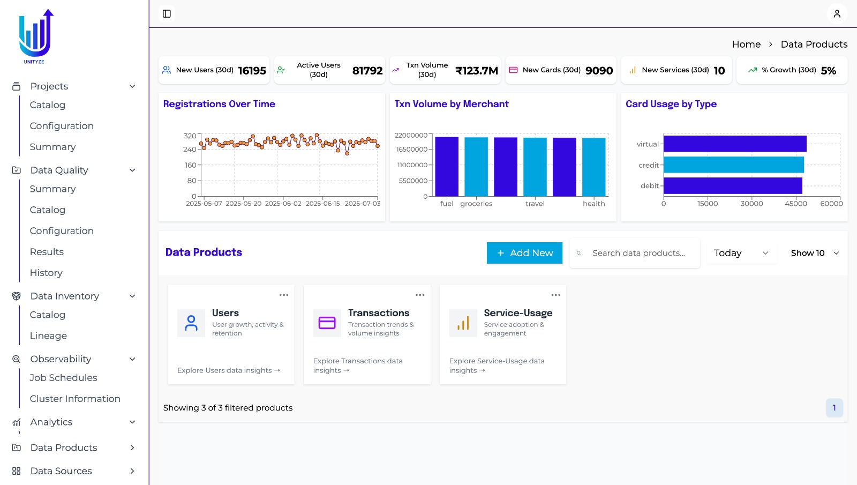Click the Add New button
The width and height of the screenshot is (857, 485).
pyautogui.click(x=524, y=253)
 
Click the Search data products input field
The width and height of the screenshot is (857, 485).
pyautogui.click(x=638, y=253)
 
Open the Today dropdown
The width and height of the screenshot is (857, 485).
pyautogui.click(x=741, y=253)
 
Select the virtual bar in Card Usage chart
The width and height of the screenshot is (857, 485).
pyautogui.click(x=734, y=144)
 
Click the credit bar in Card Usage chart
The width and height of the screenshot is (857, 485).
pyautogui.click(x=733, y=165)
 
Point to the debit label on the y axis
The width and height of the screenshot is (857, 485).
pyautogui.click(x=649, y=186)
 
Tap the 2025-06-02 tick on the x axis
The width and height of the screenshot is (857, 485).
pyautogui.click(x=283, y=204)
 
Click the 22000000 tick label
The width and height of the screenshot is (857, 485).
pyautogui.click(x=411, y=135)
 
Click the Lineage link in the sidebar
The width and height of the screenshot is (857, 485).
pyautogui.click(x=48, y=336)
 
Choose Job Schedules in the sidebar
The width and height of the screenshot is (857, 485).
pyautogui.click(x=63, y=378)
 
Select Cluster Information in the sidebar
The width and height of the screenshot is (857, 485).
pyautogui.click(x=75, y=399)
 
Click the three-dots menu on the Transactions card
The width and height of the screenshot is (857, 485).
pyautogui.click(x=420, y=295)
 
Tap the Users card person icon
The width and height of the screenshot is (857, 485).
pyautogui.click(x=191, y=323)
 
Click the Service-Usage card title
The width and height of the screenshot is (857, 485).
pyautogui.click(x=518, y=313)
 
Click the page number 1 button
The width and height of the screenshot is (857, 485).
pyautogui.click(x=834, y=408)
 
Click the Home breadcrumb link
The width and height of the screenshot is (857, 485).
pyautogui.click(x=746, y=44)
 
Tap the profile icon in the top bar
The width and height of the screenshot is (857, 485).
pyautogui.click(x=837, y=14)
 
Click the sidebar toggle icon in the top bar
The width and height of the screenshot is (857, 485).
pyautogui.click(x=167, y=14)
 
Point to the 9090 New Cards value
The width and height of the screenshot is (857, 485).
pyautogui.click(x=599, y=71)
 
